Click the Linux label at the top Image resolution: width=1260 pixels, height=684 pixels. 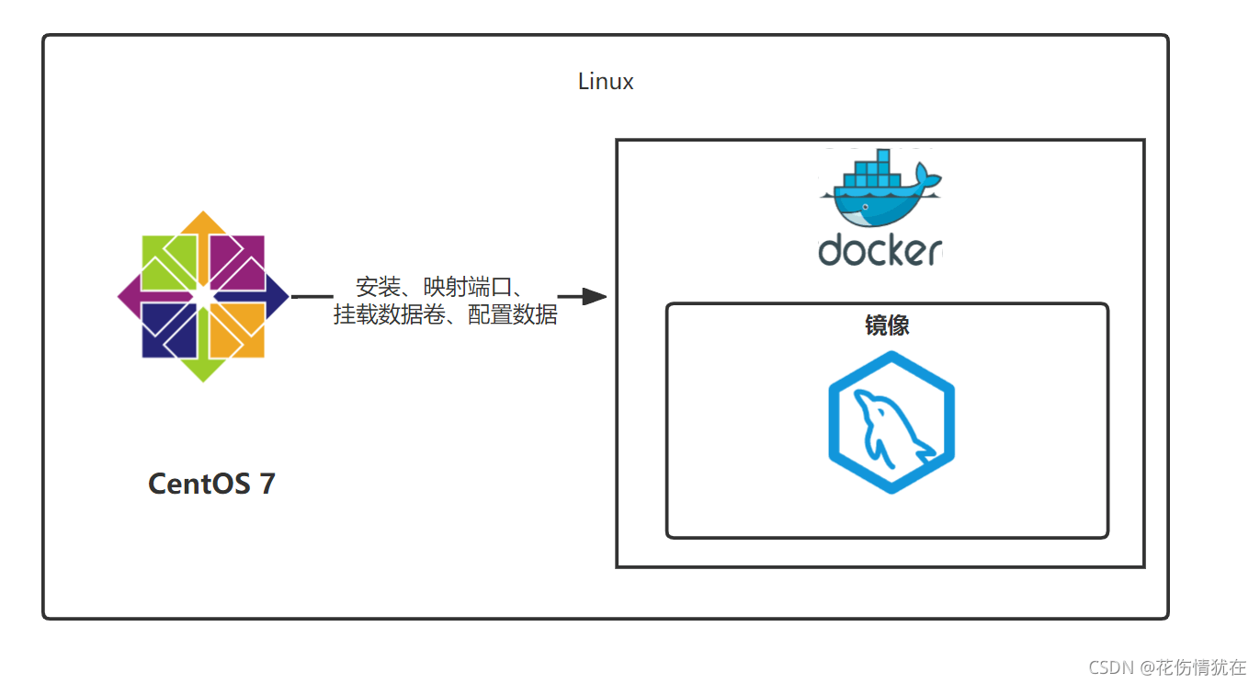(606, 82)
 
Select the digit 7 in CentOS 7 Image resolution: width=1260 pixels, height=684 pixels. (267, 484)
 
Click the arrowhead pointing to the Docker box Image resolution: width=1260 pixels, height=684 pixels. (594, 296)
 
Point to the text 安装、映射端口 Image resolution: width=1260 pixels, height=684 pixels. (439, 286)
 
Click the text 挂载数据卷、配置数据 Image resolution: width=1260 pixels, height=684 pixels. (446, 315)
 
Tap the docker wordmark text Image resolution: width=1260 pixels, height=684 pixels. (880, 250)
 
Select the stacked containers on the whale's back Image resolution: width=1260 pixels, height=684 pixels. (872, 177)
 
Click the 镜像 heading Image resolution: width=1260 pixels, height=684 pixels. (887, 325)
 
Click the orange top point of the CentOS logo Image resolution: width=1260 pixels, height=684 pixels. (202, 227)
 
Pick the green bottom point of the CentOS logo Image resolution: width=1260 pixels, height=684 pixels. (202, 367)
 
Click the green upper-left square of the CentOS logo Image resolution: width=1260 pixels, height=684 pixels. (169, 263)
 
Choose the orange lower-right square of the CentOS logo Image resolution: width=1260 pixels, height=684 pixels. (236, 330)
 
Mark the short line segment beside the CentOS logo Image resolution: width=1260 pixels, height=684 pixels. (312, 296)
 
